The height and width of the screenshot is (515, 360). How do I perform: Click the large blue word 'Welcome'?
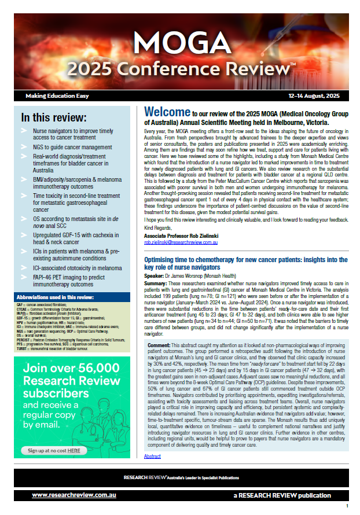point(167,112)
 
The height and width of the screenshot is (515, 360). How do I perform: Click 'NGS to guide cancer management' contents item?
point(75,148)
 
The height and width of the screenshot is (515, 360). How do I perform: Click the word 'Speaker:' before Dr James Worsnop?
point(156,277)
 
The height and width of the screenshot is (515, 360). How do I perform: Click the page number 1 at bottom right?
point(347,506)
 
